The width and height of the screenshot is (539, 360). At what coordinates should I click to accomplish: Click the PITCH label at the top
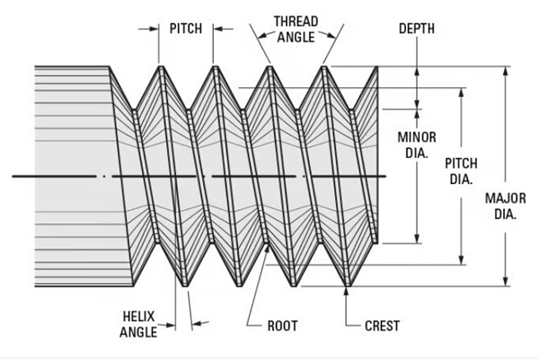186,28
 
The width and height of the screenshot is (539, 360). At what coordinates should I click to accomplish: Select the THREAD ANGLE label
296,27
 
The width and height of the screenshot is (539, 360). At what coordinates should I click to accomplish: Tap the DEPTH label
416,29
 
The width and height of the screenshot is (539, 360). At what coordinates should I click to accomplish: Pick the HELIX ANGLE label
138,325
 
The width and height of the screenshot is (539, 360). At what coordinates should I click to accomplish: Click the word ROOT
282,325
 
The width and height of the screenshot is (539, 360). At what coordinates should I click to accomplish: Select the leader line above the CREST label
348,301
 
